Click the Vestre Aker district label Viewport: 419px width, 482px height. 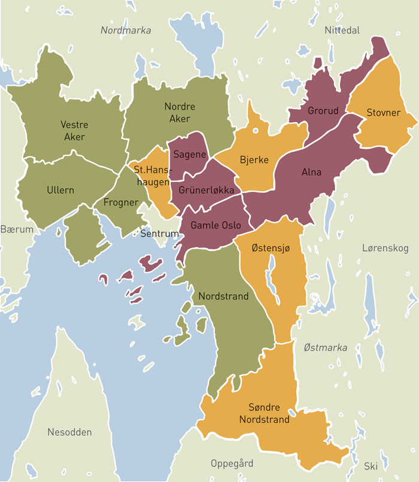[74, 131]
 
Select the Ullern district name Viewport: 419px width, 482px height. [60, 190]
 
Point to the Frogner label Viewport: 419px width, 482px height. [120, 203]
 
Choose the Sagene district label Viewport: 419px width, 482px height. [190, 154]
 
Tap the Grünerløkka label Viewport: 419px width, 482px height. [206, 190]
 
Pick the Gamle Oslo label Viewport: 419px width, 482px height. [215, 225]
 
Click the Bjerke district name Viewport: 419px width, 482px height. [254, 160]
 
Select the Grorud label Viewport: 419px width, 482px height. [323, 111]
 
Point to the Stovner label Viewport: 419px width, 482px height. [384, 112]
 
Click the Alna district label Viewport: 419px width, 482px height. [311, 172]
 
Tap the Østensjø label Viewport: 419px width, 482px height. [271, 249]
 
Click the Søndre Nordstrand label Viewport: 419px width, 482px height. [264, 413]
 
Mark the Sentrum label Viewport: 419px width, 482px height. [159, 233]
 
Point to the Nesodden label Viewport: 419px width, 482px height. [70, 432]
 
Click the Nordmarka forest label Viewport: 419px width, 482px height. [126, 30]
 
